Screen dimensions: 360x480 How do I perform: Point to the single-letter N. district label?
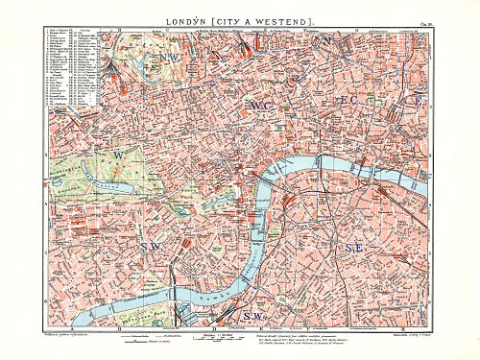pos(329,42)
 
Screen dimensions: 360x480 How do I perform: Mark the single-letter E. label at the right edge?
pos(416,100)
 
